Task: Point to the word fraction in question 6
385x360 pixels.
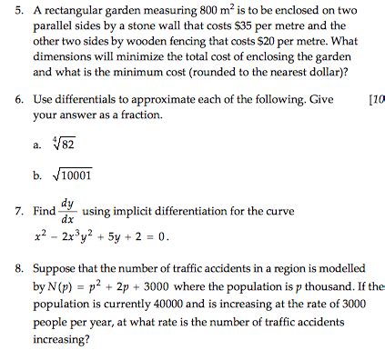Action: click(x=140, y=115)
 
